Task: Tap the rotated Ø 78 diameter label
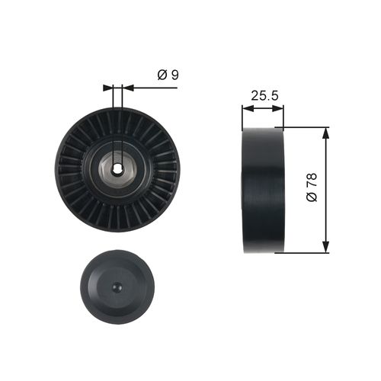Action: click(311, 187)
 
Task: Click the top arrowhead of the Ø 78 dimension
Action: click(326, 133)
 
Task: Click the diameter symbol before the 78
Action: click(311, 198)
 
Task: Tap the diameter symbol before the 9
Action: click(162, 75)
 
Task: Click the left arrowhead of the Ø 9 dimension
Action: click(109, 87)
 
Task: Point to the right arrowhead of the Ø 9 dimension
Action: click(126, 87)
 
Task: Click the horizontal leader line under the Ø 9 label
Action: click(152, 87)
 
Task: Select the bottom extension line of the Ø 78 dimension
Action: click(305, 252)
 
